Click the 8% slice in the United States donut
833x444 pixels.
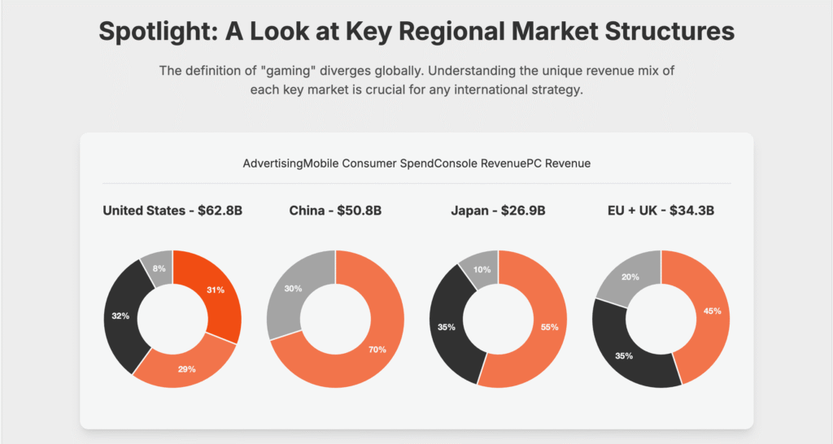tap(159, 268)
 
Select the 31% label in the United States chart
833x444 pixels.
tap(215, 290)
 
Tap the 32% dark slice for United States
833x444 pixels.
tap(121, 316)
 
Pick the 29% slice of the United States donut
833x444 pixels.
tap(187, 368)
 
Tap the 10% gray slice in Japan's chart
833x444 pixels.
tap(482, 269)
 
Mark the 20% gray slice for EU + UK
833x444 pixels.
tap(630, 277)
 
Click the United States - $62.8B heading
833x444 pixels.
tap(172, 211)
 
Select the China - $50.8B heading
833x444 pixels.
tap(335, 211)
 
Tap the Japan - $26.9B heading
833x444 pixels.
tap(499, 211)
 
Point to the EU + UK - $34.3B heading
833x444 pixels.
tap(661, 211)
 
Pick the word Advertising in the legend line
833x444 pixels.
tap(273, 163)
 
